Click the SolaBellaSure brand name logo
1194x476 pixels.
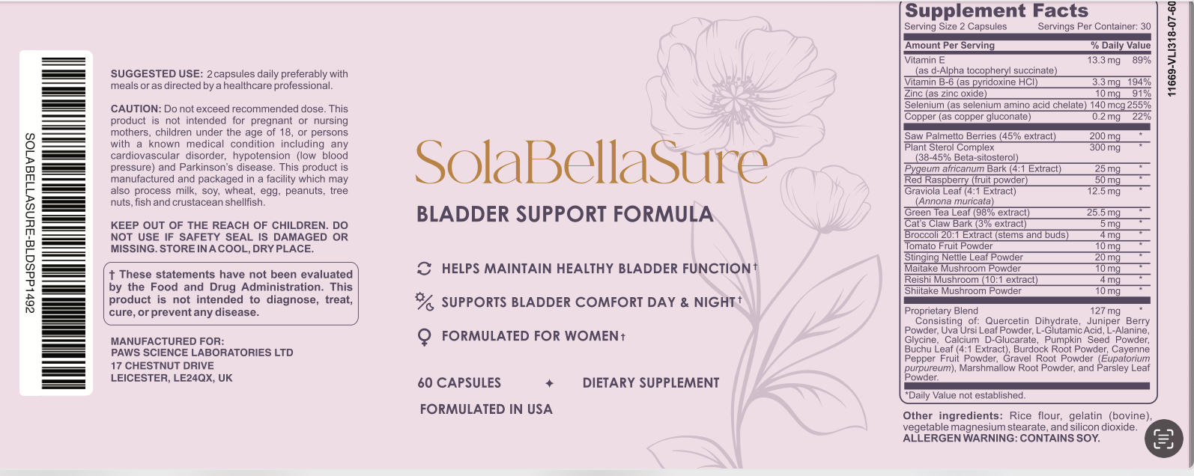coord(591,162)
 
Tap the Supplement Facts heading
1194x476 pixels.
coord(996,10)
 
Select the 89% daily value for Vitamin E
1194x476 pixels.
coord(1142,60)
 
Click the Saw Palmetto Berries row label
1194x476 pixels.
coord(980,135)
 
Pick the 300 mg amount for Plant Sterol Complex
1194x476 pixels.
coord(1104,147)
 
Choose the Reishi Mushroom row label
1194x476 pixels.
coord(971,279)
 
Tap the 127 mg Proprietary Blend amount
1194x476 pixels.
coord(1104,311)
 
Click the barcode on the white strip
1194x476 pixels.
coord(64,223)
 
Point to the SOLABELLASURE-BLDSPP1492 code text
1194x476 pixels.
coord(30,223)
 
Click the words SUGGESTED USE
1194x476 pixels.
coord(157,74)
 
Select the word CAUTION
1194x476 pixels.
coord(136,109)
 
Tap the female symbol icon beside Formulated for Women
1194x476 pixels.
coord(424,337)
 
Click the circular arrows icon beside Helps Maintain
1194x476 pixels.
coord(424,269)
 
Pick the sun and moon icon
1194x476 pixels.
coord(424,302)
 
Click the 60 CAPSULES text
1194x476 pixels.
coord(459,383)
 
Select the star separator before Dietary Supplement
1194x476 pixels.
coord(550,383)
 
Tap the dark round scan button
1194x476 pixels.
coord(1163,438)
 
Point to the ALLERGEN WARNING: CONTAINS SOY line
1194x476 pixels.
coord(1001,438)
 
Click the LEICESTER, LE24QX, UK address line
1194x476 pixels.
coord(172,378)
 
